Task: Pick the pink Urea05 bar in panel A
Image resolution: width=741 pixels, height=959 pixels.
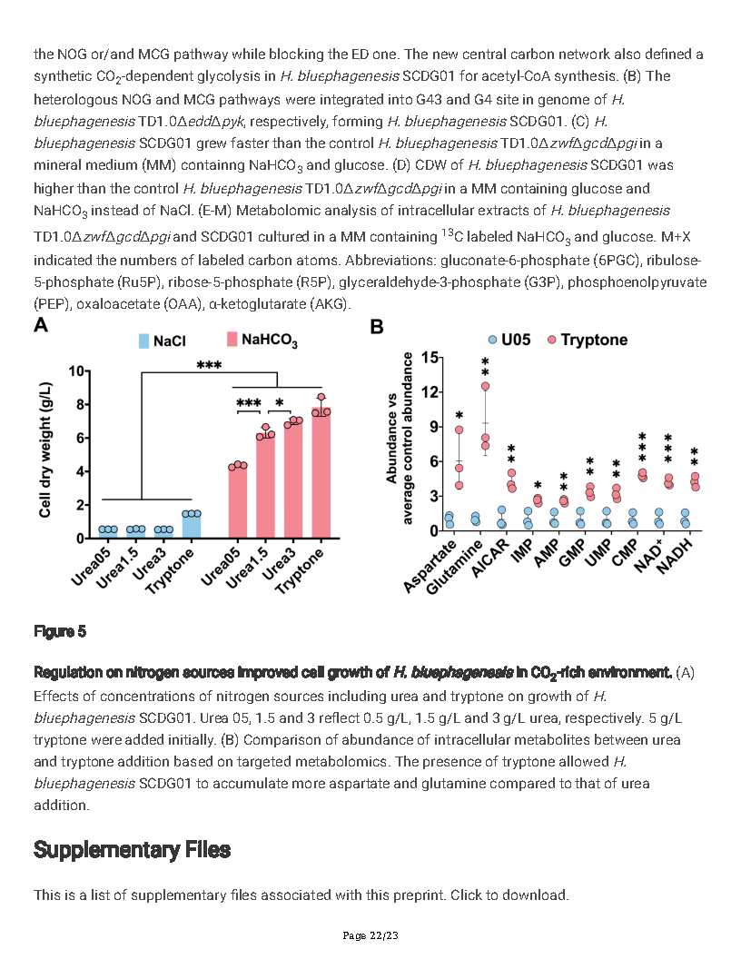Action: click(238, 502)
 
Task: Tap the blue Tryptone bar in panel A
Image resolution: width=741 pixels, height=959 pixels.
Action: click(191, 526)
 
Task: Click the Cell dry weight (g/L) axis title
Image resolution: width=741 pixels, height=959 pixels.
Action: click(44, 450)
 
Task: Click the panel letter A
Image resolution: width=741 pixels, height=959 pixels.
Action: click(41, 326)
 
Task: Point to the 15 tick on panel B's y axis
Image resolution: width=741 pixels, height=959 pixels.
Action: click(423, 357)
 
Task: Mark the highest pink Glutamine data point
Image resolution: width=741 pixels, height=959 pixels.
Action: click(485, 386)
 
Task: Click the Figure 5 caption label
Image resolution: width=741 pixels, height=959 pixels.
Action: click(60, 630)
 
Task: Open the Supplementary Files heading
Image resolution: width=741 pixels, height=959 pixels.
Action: click(132, 849)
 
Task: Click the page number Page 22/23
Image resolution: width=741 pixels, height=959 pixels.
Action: click(370, 935)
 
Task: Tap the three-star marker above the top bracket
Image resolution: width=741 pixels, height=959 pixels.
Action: click(209, 365)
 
